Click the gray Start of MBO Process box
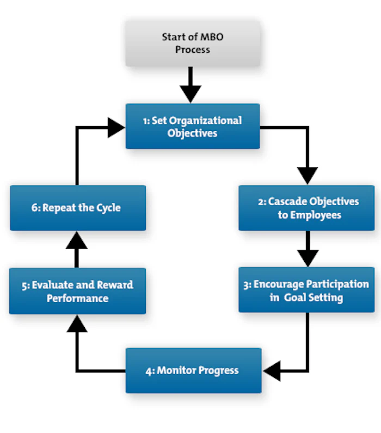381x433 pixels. pos(193,44)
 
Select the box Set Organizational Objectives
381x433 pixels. pos(193,126)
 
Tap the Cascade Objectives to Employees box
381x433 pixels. pos(306,208)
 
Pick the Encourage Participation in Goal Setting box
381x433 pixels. pos(306,290)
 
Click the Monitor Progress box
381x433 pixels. pos(193,371)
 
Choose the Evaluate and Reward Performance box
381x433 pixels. pos(77,291)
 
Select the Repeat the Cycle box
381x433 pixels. pos(77,208)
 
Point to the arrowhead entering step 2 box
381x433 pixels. pos(308,175)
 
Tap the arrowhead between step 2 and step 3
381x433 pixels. pos(308,257)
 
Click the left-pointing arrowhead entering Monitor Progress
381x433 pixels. pos(272,371)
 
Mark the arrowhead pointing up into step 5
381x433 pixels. pos(77,324)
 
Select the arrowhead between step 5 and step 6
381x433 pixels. pos(77,240)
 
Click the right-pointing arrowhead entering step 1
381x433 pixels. pos(116,128)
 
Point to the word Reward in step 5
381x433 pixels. pos(114,285)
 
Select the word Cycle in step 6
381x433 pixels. pos(107,208)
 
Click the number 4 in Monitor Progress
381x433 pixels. pos(149,371)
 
